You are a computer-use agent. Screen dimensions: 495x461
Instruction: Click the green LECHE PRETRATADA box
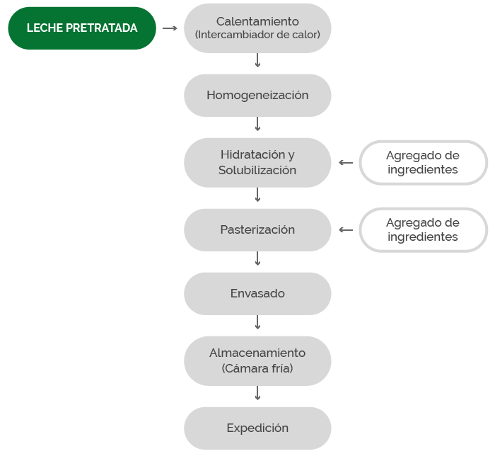pyautogui.click(x=82, y=28)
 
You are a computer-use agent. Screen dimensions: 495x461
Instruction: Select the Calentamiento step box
pyautogui.click(x=257, y=28)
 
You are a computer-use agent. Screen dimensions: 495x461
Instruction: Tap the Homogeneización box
pyautogui.click(x=257, y=96)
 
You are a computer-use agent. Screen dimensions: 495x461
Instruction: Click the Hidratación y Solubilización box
pyautogui.click(x=257, y=163)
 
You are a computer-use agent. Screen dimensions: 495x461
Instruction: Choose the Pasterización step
pyautogui.click(x=257, y=230)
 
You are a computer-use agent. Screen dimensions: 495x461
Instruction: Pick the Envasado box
pyautogui.click(x=257, y=294)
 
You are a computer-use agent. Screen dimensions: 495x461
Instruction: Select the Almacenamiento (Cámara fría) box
pyautogui.click(x=257, y=360)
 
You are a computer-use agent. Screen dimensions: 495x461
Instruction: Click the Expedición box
pyautogui.click(x=257, y=428)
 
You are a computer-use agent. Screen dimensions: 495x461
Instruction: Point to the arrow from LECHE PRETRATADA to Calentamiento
pyautogui.click(x=170, y=28)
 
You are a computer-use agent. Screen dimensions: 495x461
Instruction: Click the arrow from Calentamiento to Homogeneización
pyautogui.click(x=257, y=60)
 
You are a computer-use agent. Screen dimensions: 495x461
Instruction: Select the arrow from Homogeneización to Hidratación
pyautogui.click(x=257, y=124)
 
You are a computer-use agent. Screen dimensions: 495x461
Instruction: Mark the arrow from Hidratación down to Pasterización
pyautogui.click(x=257, y=195)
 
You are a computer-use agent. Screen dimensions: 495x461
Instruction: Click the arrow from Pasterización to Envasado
pyautogui.click(x=257, y=258)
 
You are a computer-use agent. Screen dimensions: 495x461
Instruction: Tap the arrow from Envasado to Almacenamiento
pyautogui.click(x=257, y=322)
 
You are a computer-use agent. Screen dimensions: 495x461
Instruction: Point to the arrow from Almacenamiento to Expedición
pyautogui.click(x=257, y=393)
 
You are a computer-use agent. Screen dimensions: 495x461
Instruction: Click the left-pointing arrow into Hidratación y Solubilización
pyautogui.click(x=346, y=163)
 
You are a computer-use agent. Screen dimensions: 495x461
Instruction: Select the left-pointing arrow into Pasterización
pyautogui.click(x=346, y=230)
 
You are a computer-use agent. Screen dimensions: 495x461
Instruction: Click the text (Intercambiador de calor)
pyautogui.click(x=257, y=35)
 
